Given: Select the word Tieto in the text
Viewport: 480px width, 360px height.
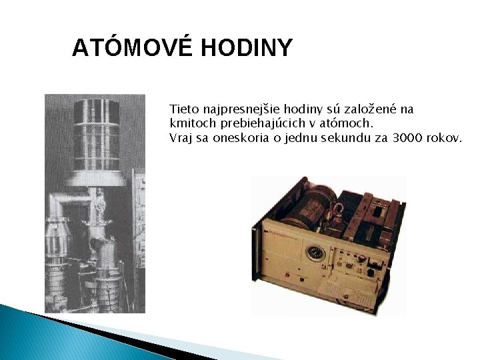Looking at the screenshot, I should (183, 109).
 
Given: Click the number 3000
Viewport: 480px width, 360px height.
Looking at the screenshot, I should (409, 138).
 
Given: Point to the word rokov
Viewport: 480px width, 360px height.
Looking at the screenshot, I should (444, 138).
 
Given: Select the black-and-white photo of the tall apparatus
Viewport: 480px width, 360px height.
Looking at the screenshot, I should (95, 203).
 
